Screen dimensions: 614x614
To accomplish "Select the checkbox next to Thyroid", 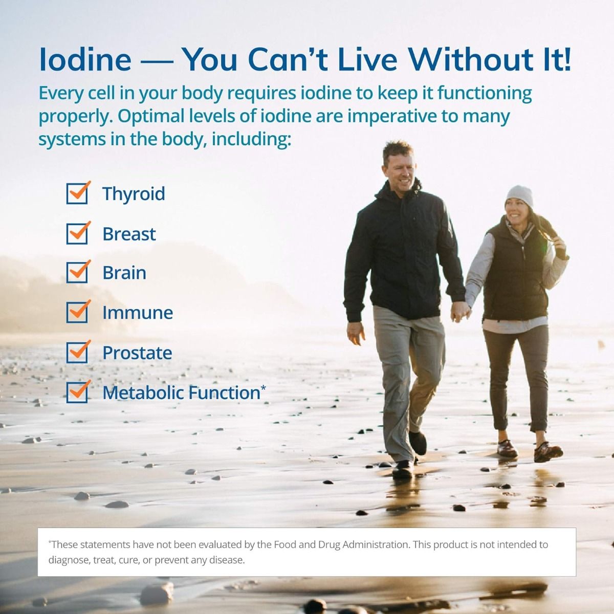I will tap(77, 193).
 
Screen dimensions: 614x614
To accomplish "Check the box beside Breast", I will tap(77, 233).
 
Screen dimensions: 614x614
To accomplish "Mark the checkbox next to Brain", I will tap(77, 273).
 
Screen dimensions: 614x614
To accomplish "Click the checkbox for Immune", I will tap(77, 313).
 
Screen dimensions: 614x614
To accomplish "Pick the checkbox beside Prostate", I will tap(77, 353).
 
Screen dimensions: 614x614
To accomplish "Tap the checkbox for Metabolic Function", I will tap(77, 392).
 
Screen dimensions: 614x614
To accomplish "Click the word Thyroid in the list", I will tap(134, 194).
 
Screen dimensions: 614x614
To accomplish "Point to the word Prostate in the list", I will tap(137, 353).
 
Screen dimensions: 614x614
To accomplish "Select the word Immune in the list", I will tap(138, 313).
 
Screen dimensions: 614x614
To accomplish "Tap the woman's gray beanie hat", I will tap(519, 195).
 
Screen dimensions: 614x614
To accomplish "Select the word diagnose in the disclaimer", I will tap(68, 560).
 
